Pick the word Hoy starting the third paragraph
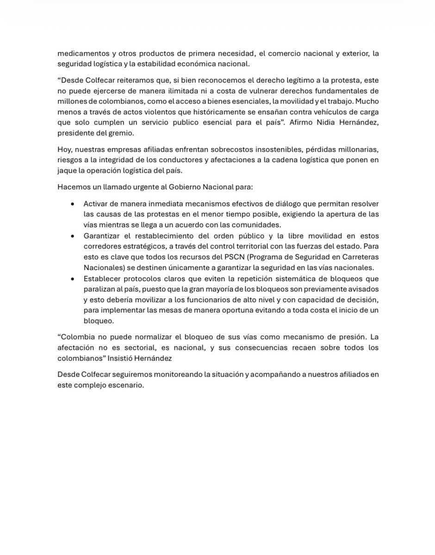click(65, 150)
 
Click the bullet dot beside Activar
click(72, 204)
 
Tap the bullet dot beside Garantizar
click(72, 236)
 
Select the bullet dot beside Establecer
click(72, 279)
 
